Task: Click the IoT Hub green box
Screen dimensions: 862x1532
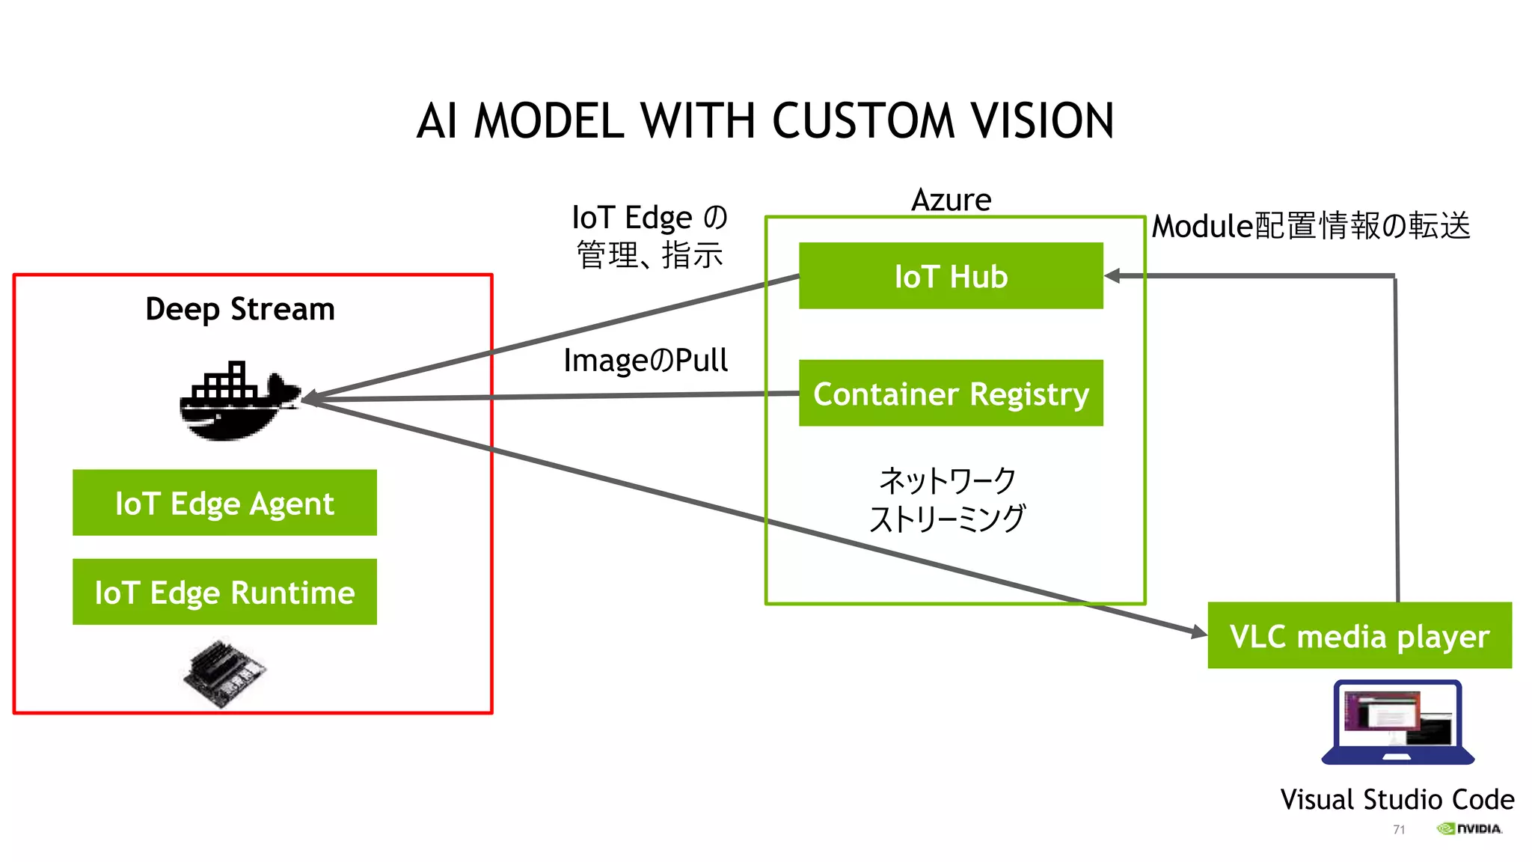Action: click(x=950, y=275)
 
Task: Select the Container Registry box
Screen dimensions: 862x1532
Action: click(x=950, y=393)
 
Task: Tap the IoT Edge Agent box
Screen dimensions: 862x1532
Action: click(x=224, y=503)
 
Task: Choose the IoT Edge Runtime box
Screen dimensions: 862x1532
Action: click(x=224, y=592)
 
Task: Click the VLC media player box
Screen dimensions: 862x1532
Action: click(x=1359, y=635)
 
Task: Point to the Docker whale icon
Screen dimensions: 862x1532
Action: click(x=238, y=403)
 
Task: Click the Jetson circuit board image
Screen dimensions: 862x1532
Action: click(x=224, y=672)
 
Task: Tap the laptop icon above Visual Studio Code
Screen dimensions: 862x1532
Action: click(x=1397, y=722)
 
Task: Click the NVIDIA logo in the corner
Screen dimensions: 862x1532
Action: click(x=1469, y=828)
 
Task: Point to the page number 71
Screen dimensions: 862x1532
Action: click(x=1399, y=829)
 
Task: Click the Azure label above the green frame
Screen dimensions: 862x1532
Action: click(x=951, y=200)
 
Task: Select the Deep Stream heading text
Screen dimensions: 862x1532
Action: click(x=239, y=309)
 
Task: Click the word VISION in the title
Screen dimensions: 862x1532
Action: click(x=1041, y=121)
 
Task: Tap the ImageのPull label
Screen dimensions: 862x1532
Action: click(x=646, y=361)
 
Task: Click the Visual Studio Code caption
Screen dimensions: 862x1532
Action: click(x=1397, y=799)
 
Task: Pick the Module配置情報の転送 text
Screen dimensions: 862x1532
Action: click(x=1311, y=226)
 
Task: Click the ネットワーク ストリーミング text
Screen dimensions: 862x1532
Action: click(x=947, y=499)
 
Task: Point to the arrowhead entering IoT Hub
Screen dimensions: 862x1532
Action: click(x=1113, y=276)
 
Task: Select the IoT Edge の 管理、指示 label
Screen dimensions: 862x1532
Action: click(x=649, y=236)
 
